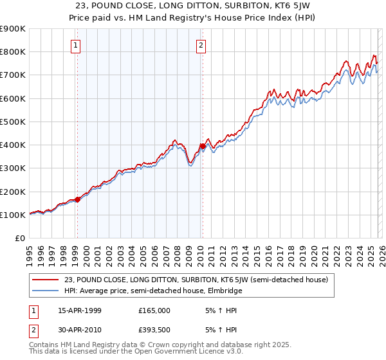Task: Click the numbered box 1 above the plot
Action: coord(76,45)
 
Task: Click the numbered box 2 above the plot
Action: coord(201,45)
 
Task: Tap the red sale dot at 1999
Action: coord(78,199)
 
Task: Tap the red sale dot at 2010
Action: coord(202,146)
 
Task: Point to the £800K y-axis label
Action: coord(12,52)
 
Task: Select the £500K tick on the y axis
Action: coord(12,122)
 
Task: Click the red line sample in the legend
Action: coord(46,280)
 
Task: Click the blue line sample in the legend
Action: coord(46,291)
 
